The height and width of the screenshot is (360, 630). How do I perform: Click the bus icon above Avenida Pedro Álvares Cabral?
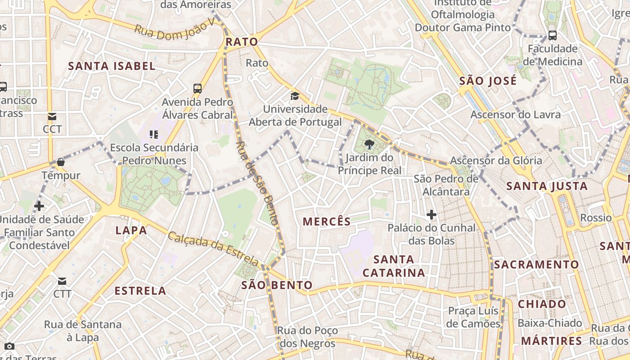(198, 88)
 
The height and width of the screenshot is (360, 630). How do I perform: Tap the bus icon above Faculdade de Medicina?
(553, 35)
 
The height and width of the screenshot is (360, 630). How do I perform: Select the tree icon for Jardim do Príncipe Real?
(369, 144)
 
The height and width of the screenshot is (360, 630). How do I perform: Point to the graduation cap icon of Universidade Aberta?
(295, 96)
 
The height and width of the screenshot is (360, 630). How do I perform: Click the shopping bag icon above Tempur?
(61, 162)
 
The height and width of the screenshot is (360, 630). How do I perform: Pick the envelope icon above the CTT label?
(62, 281)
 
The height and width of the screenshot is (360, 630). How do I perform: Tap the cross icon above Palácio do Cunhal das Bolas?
(432, 215)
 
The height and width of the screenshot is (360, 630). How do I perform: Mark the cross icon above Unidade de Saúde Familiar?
(39, 206)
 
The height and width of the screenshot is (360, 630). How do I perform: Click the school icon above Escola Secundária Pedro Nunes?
(154, 134)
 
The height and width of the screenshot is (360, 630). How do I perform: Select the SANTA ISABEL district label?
(112, 66)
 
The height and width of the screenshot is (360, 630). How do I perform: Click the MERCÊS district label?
(327, 221)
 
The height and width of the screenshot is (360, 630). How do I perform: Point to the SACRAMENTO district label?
(536, 264)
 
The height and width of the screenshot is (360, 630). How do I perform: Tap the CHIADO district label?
(542, 304)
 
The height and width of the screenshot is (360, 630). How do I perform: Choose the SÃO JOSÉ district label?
(488, 81)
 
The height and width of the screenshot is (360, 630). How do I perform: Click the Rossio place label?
(596, 218)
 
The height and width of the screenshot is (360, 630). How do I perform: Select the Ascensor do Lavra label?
(516, 114)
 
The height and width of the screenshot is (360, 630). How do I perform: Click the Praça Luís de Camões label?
(474, 317)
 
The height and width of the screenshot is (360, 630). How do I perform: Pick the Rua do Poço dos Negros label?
(307, 337)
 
